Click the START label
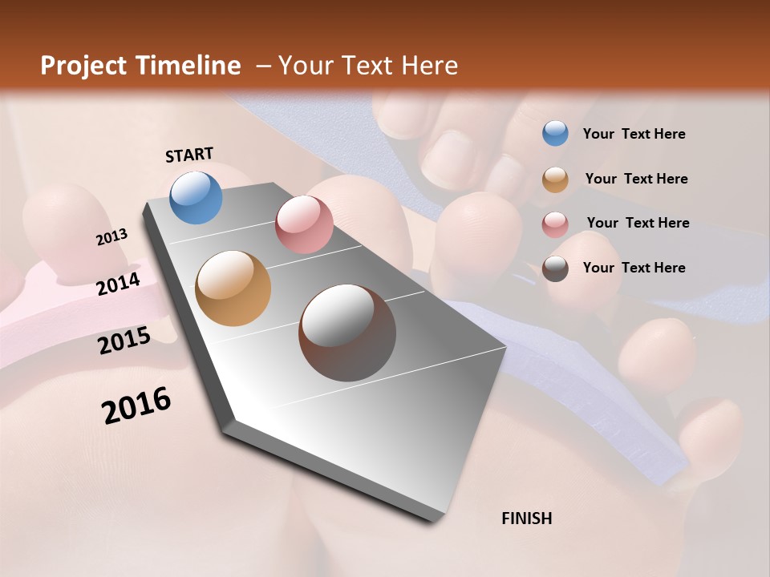point(189,155)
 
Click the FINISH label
point(526,518)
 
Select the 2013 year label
point(112,237)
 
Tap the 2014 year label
point(119,284)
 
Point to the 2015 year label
point(124,341)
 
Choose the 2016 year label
point(136,406)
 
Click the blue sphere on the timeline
point(197,197)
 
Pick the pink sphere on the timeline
point(304,224)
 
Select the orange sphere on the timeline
point(233,288)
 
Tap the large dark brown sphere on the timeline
point(347,333)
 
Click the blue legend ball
point(555,134)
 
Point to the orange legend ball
point(555,180)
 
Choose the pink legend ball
point(555,224)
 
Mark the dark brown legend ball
point(555,268)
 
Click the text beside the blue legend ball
point(634,134)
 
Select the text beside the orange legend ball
point(636,179)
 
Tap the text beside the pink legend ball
point(638,223)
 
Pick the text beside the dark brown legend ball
point(634,268)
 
